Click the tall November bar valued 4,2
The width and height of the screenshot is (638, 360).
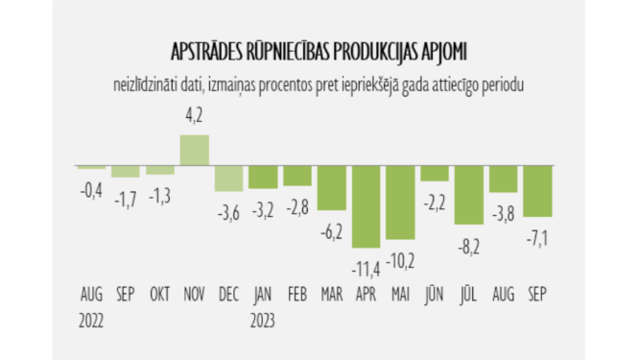pyautogui.click(x=195, y=151)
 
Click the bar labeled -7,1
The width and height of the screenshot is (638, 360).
pyautogui.click(x=537, y=192)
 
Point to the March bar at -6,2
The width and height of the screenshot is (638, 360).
pyautogui.click(x=332, y=188)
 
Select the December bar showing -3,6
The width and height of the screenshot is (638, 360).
pyautogui.click(x=228, y=180)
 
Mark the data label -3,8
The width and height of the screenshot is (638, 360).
pyautogui.click(x=504, y=212)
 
